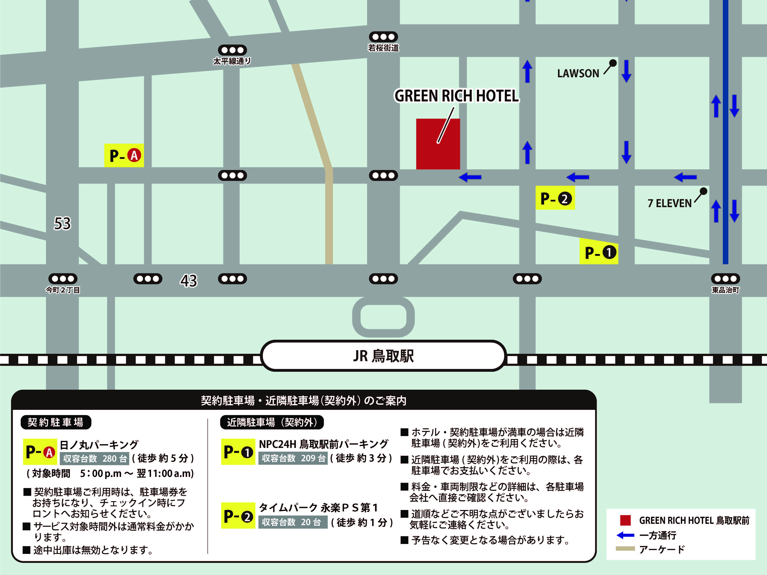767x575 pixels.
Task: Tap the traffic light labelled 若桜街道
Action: point(383,37)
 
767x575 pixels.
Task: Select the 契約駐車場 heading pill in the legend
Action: point(56,422)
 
